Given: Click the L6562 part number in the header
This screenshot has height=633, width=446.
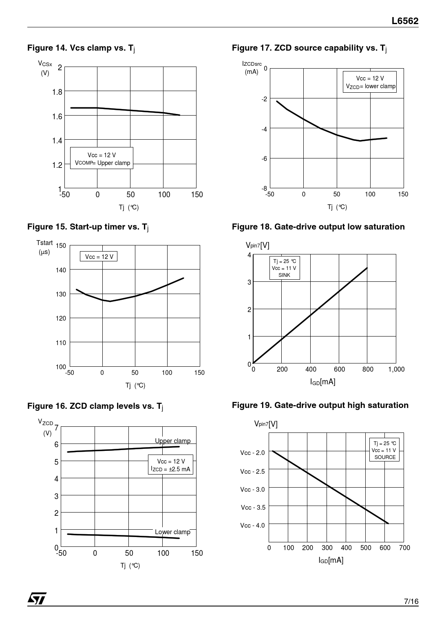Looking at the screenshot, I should pos(405,21).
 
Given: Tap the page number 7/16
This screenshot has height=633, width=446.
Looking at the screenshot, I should pos(411,601).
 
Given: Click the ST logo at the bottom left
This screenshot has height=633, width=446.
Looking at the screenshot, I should pos(37,598).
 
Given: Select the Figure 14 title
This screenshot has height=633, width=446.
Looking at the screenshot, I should pos(81,48).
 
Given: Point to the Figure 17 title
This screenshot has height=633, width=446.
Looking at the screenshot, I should pos(309,48).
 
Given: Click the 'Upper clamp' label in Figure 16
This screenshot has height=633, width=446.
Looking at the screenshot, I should pos(172,441).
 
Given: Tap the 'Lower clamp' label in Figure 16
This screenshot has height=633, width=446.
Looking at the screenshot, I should pos(172,532).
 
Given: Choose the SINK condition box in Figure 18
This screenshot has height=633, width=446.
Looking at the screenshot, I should pos(284,268).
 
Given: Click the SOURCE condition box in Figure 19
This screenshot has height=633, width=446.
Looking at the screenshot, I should pos(384,450).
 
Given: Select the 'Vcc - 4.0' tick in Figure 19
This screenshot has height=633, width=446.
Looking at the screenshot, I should pos(252,525).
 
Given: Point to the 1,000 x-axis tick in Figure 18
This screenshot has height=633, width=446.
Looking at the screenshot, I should pos(396,370).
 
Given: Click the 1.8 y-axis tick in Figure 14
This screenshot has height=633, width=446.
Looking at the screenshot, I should pos(57,92).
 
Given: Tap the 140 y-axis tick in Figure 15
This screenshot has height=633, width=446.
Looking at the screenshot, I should pos(61,270).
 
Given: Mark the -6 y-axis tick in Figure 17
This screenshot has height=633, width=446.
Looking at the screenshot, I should pos(264,158).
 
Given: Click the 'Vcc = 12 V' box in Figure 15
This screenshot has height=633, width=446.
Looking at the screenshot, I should pos(99,256).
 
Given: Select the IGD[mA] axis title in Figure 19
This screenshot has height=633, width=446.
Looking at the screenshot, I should pos(331,560).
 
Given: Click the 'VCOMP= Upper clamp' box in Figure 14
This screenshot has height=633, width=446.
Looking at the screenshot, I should pos(102,158).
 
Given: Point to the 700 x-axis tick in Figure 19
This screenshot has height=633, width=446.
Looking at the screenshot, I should pos(404,548).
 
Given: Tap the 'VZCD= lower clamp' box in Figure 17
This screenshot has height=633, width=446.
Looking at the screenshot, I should pos(370,82).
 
